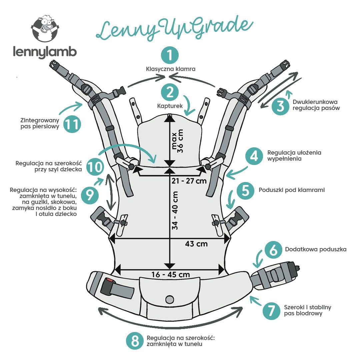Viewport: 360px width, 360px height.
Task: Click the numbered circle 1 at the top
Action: pos(170,55)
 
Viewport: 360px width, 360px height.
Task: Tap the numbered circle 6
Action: pos(273,250)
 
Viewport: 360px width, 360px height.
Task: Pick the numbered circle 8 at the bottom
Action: pos(135,341)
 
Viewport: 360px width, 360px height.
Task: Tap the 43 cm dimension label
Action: pos(196,244)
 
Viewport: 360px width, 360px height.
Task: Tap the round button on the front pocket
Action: pos(170,299)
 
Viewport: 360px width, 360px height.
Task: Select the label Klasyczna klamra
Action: pos(170,69)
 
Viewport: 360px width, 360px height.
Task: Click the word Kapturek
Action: pos(169,106)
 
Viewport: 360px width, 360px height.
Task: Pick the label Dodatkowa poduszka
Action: pos(316,249)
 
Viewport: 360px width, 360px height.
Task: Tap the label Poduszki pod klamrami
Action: pos(292,190)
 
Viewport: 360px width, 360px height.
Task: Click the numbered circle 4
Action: pos(254,156)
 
